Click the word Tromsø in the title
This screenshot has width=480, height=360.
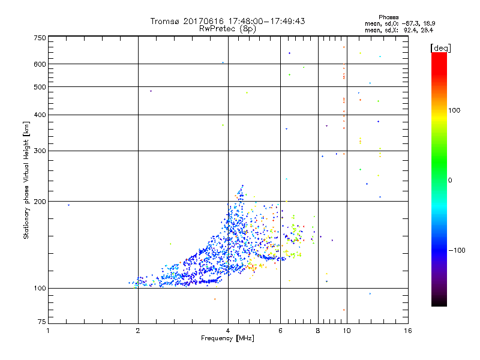(164, 21)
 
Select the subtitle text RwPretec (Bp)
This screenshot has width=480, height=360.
(227, 28)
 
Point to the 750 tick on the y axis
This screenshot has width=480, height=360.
(40, 38)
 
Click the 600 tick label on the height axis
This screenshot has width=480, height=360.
(40, 64)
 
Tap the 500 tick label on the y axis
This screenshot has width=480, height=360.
(40, 87)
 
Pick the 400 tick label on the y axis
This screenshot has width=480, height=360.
(40, 115)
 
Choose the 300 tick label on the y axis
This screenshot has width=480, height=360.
(40, 151)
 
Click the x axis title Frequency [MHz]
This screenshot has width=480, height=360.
(227, 339)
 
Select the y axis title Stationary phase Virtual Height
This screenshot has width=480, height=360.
(26, 180)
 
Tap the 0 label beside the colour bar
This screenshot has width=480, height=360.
(450, 180)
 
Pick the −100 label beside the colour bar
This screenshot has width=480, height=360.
(457, 250)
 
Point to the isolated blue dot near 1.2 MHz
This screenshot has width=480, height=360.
(68, 205)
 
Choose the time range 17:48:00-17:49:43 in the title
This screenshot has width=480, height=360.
(265, 21)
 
